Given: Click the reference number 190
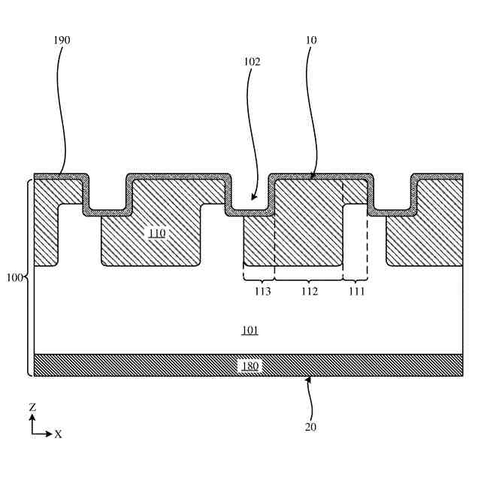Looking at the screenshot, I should [x=62, y=40].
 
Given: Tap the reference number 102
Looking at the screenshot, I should [x=252, y=62].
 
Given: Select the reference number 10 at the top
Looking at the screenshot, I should [x=311, y=40].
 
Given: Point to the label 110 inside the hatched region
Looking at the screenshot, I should [x=156, y=234].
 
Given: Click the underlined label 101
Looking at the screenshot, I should [x=250, y=331].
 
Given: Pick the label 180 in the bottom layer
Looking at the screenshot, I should [x=250, y=366].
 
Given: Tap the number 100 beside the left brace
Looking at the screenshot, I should [x=14, y=278].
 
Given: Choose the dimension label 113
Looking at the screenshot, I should [x=261, y=292].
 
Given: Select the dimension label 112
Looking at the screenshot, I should [x=309, y=292].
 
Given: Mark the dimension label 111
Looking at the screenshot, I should [x=355, y=292].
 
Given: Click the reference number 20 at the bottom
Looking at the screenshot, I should [x=311, y=427].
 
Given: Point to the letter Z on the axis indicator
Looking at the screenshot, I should [x=32, y=407].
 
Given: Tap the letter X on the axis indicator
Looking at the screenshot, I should [x=59, y=434].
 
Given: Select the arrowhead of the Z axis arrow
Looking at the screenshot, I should [x=32, y=416].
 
